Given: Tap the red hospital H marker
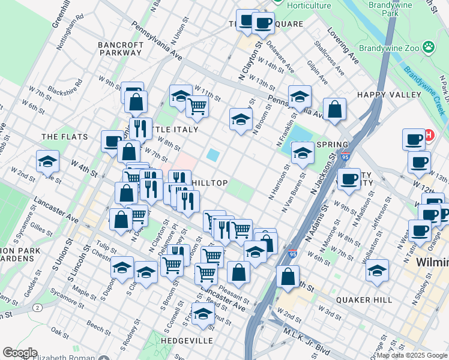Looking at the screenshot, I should point(430,136).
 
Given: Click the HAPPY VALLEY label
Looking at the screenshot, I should point(389,95).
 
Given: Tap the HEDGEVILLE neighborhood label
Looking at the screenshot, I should point(187,340).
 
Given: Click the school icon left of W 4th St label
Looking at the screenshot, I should point(47,161).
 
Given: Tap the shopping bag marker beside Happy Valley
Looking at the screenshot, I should point(335,109).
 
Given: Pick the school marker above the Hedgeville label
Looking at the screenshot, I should point(203,313).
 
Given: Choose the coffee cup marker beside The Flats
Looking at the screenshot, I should point(112,142).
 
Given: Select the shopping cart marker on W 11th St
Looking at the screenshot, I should point(197,106).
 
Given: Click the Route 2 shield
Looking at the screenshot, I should point(38,308).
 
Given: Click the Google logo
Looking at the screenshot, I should point(20,352).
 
